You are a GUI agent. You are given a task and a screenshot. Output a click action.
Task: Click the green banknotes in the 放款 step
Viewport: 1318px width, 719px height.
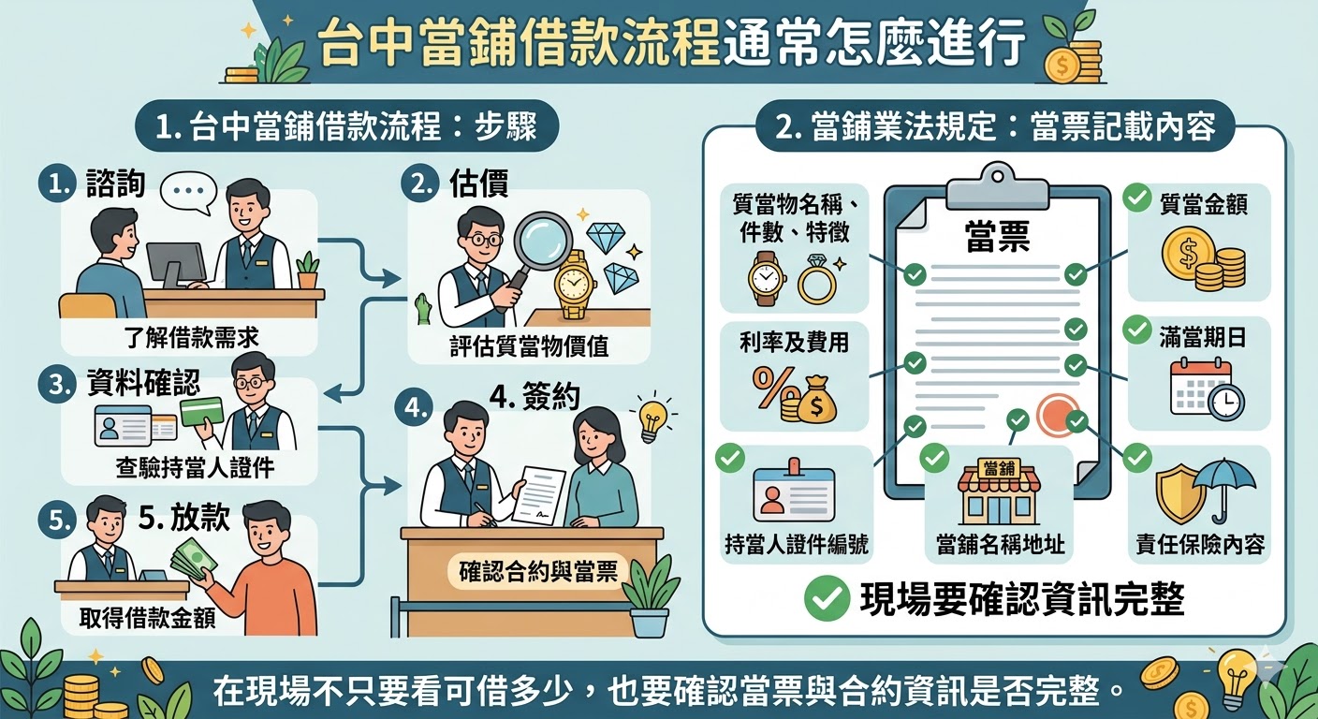tap(193, 563)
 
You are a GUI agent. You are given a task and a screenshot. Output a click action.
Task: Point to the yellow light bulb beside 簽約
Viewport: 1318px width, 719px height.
tap(652, 418)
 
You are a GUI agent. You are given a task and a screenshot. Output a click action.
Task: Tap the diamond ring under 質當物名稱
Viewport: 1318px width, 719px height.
tap(815, 279)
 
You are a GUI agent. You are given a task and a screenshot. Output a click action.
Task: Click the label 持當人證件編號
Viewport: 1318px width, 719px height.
tap(797, 545)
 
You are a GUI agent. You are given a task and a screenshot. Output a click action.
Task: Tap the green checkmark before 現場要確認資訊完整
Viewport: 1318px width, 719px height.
tap(825, 599)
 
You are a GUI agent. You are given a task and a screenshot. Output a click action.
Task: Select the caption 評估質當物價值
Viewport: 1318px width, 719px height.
tap(529, 346)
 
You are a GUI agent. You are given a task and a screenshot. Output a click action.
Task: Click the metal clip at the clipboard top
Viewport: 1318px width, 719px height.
tap(997, 186)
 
